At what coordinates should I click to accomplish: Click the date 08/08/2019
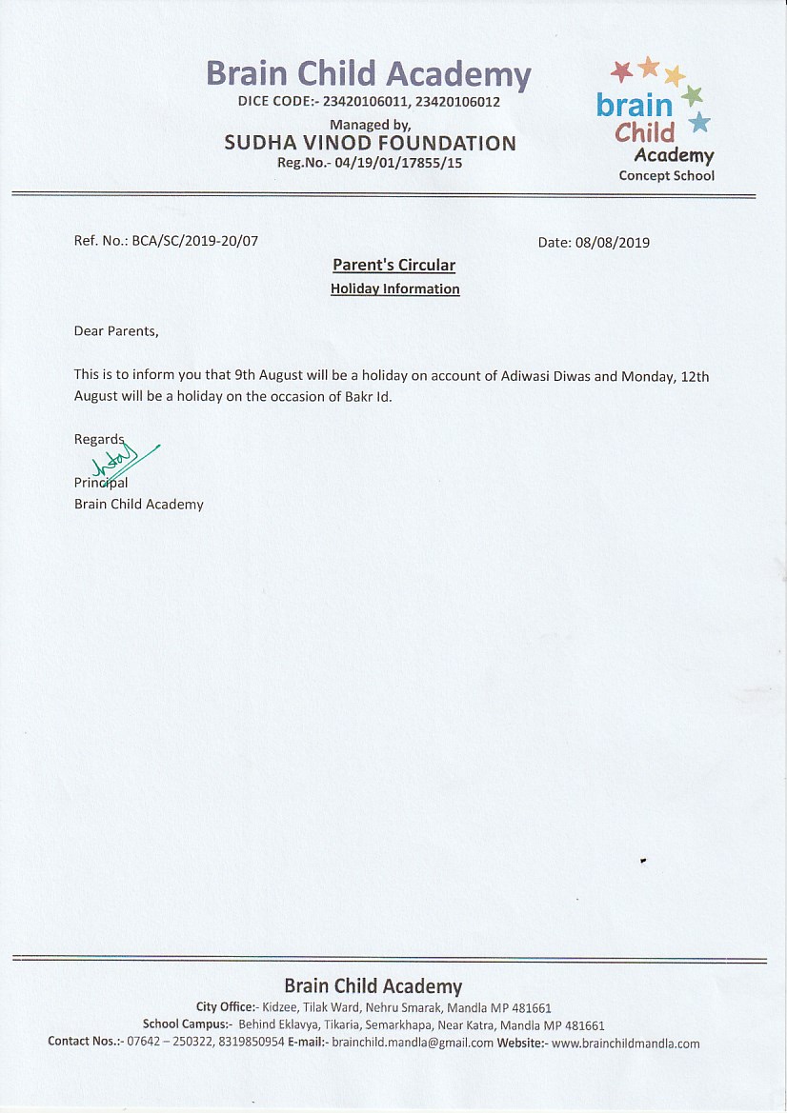(x=613, y=243)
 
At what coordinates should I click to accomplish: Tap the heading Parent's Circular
(x=393, y=266)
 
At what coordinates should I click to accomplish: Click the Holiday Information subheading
(x=394, y=288)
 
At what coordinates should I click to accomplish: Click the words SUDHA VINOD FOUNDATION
(x=370, y=144)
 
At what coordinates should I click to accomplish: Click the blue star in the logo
(x=699, y=121)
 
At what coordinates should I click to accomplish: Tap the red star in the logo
(x=621, y=70)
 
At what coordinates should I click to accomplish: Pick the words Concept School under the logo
(x=666, y=175)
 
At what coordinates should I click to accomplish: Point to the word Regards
(x=99, y=439)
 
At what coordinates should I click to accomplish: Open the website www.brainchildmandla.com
(x=625, y=1043)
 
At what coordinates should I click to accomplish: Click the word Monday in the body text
(x=648, y=376)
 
